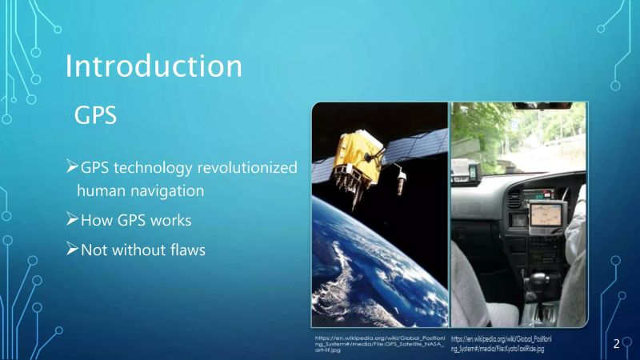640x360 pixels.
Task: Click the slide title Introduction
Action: [153, 66]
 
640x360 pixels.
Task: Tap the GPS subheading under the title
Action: [95, 116]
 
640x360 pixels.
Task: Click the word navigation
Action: [167, 191]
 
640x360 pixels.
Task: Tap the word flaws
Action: [186, 250]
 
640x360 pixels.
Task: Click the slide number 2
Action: [617, 344]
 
